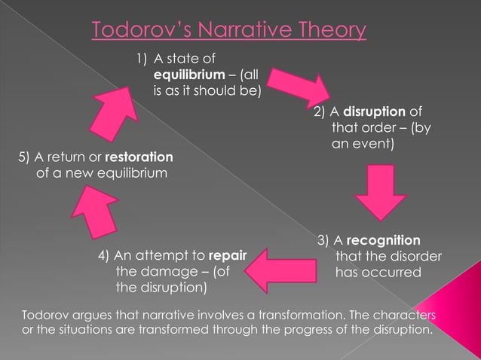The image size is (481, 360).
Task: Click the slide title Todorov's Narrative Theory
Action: (x=229, y=30)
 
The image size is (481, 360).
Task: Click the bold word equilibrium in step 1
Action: (x=186, y=75)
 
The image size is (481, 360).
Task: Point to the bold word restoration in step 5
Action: (x=139, y=157)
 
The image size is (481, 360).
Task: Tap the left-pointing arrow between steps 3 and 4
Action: (x=278, y=266)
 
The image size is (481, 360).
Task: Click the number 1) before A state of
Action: (x=142, y=59)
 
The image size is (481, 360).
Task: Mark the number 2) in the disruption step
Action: (x=320, y=113)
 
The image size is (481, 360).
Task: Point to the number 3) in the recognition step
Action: (x=323, y=240)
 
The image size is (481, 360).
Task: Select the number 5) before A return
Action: (x=24, y=157)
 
